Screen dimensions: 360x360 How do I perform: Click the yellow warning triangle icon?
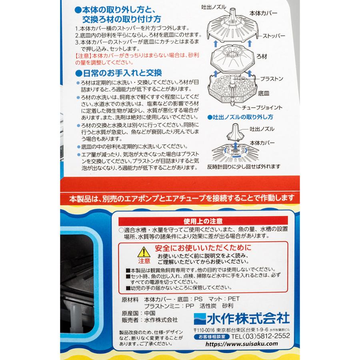(x=143, y=252)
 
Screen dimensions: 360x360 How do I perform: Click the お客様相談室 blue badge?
(x=212, y=336)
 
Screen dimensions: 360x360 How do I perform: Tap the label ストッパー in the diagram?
(x=274, y=36)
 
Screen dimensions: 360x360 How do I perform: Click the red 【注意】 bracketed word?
(x=84, y=55)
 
